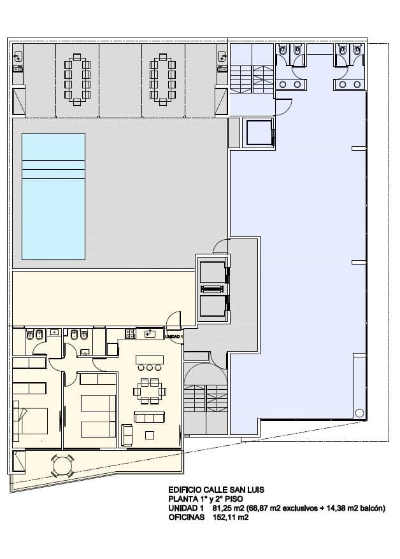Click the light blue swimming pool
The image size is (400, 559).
[x=54, y=197]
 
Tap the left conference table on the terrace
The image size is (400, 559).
[x=77, y=80]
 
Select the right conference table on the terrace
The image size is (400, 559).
[x=163, y=80]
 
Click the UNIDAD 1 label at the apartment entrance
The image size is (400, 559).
[x=174, y=336]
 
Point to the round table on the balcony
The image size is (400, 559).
[x=63, y=465]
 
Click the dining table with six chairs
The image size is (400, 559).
[x=150, y=391]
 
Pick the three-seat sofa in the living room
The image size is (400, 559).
[x=149, y=417]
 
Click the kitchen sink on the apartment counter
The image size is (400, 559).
[x=150, y=334]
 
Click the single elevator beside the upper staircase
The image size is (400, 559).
[x=259, y=133]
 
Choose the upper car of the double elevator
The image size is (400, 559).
[x=213, y=273]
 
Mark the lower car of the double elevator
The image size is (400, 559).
[x=213, y=306]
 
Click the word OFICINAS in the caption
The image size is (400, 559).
[x=187, y=517]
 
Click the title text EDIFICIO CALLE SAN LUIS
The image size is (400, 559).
[x=217, y=490]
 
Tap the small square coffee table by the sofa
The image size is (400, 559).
[x=150, y=435]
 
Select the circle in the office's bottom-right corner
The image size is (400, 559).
[x=360, y=413]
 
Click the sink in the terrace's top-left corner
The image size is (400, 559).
[x=18, y=56]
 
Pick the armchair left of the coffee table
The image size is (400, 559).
[x=127, y=435]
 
